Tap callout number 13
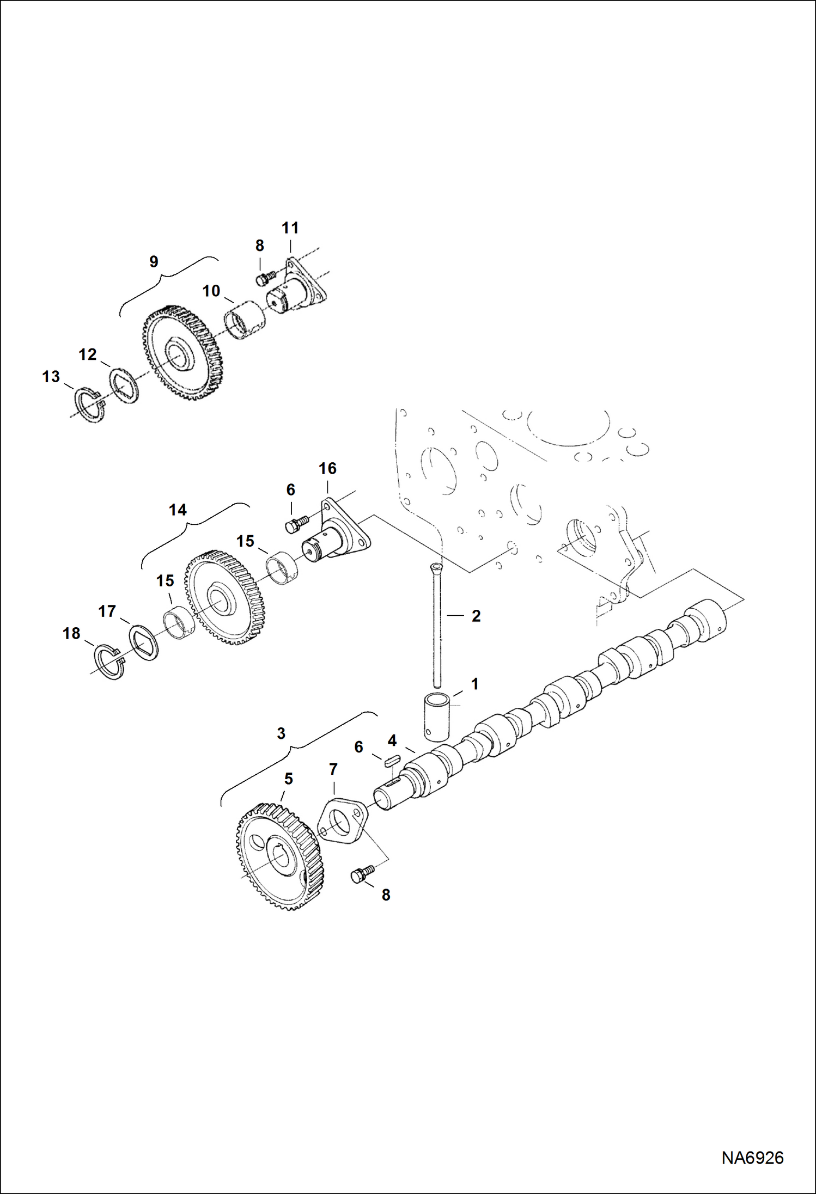[51, 376]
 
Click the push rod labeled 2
[437, 626]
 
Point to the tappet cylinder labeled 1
[436, 716]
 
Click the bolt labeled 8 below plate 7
[361, 874]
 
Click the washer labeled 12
[124, 387]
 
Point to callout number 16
[327, 469]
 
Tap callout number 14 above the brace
[178, 510]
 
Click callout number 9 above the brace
[154, 262]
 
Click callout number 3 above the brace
[281, 733]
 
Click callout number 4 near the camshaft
[392, 740]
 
